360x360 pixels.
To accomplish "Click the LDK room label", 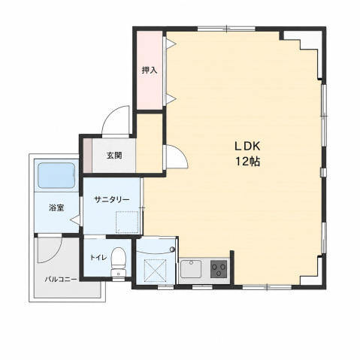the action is tap(247, 147).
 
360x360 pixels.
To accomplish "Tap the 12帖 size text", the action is tap(247, 162).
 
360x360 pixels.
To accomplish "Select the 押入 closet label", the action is tap(150, 71).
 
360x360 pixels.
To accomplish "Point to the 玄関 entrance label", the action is tap(114, 156).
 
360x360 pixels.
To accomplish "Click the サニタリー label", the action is tap(112, 200).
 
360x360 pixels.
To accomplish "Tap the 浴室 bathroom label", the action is tap(56, 207).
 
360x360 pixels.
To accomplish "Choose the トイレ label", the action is tap(98, 257).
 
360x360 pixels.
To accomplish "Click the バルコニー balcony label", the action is tap(61, 279).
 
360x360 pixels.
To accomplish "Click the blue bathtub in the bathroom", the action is tap(56, 175).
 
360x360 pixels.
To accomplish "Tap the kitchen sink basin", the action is tap(191, 269).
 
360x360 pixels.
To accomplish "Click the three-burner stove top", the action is tap(219, 269).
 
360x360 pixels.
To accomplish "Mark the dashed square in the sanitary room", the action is tap(127, 222).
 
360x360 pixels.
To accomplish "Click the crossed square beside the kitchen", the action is tap(156, 270).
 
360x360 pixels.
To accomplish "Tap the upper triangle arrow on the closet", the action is tap(171, 44).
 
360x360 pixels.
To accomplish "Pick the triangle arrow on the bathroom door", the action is tap(75, 220).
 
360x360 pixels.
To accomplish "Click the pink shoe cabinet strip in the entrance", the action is tap(88, 156).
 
